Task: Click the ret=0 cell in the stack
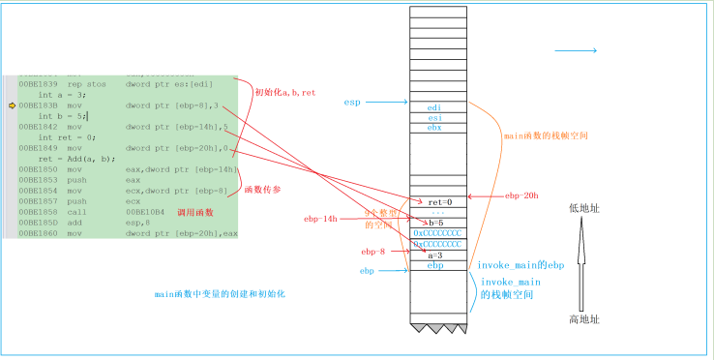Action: [439, 202]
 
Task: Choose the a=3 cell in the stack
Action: [437, 255]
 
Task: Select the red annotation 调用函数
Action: [196, 212]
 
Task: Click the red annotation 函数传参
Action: [262, 189]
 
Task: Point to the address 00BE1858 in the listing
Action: [37, 211]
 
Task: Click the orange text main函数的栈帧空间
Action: [546, 136]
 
